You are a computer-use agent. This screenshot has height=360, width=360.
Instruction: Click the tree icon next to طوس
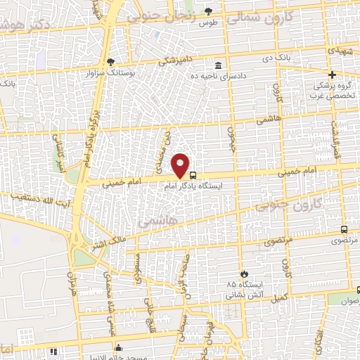pyautogui.click(x=208, y=11)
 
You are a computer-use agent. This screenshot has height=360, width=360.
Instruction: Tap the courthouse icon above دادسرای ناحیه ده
pyautogui.click(x=218, y=65)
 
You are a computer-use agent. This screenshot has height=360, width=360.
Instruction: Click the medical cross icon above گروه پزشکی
pyautogui.click(x=333, y=75)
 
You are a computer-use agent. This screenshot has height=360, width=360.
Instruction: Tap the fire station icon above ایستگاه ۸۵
pyautogui.click(x=243, y=274)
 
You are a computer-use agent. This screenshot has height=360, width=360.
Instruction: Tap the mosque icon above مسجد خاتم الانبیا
pyautogui.click(x=118, y=347)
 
